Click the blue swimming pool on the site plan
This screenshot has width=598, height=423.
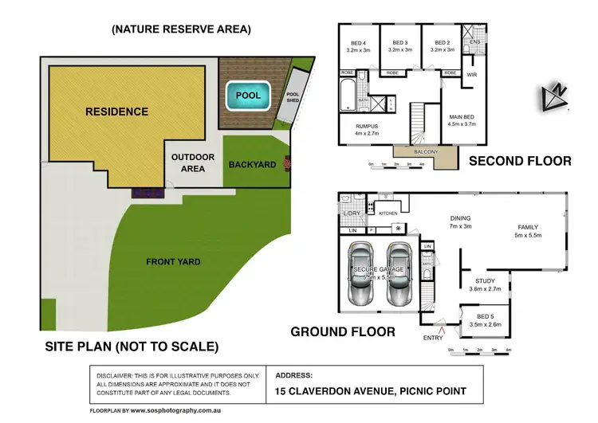pos(248,96)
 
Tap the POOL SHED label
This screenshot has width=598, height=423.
pos(292,97)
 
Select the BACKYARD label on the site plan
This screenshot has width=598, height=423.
pos(252,164)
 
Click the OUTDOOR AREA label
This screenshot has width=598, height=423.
pos(193,163)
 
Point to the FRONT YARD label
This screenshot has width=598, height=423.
pos(173,261)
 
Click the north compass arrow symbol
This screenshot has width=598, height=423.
pos(555,94)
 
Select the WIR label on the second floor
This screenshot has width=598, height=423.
pos(471,76)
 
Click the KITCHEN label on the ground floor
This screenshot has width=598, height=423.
pos(388,213)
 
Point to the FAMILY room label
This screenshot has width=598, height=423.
pos(528,227)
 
